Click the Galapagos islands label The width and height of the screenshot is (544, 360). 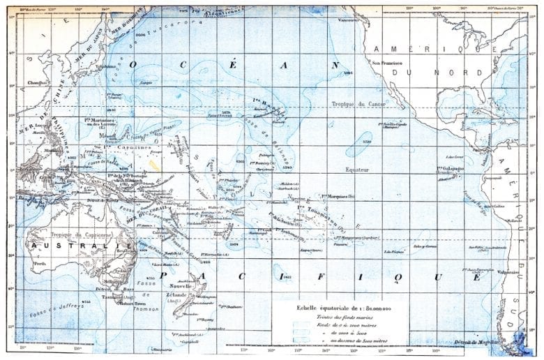(x=451, y=168)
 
